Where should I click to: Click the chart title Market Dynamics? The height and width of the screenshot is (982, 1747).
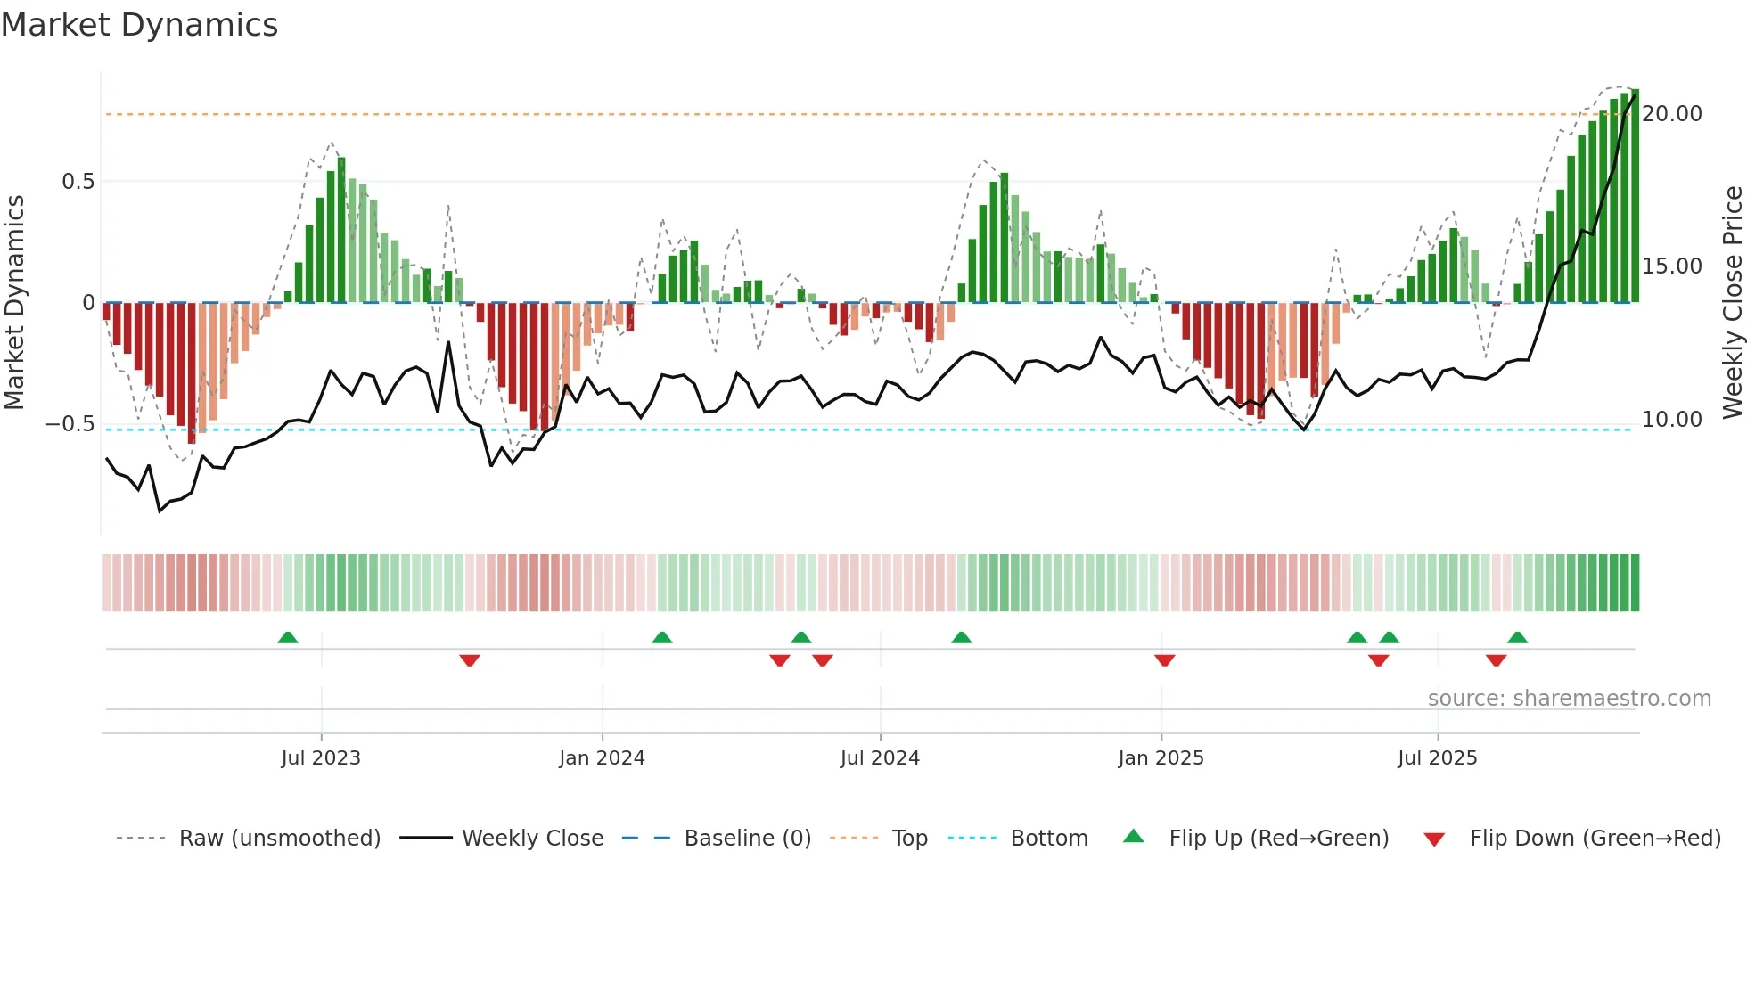(139, 25)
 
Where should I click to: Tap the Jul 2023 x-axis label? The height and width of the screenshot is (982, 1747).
(321, 758)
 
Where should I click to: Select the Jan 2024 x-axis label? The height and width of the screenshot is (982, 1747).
(602, 758)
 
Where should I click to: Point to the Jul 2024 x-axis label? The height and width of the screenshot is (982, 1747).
(880, 758)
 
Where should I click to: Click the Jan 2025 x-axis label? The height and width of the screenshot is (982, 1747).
(1161, 758)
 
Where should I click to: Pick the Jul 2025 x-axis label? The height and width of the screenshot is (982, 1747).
(1437, 758)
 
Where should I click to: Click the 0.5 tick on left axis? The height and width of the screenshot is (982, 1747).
(78, 182)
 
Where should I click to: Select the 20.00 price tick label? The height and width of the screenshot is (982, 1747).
(1672, 114)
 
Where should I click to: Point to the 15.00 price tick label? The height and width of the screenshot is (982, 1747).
(1672, 266)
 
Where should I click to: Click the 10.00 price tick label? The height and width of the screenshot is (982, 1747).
(1672, 420)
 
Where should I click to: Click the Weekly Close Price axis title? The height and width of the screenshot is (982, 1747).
(1732, 302)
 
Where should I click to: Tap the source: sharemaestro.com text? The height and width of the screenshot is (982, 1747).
(1569, 699)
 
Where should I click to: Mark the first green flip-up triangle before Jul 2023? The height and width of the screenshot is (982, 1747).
(288, 638)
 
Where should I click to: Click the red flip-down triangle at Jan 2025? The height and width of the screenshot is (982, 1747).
(1164, 659)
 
